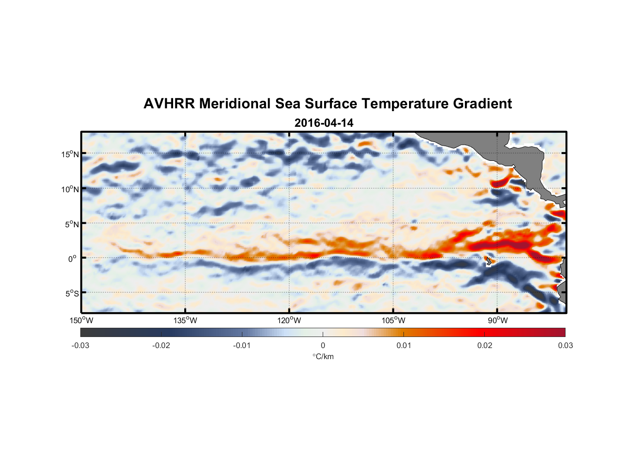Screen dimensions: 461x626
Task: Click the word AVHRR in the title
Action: click(x=169, y=104)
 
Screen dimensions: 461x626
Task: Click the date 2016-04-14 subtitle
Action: click(x=324, y=123)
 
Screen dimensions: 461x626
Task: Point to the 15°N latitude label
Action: click(x=70, y=154)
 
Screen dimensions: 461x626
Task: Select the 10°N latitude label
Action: click(x=70, y=189)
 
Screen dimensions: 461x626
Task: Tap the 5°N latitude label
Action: click(x=72, y=224)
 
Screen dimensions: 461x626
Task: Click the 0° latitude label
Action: click(x=72, y=259)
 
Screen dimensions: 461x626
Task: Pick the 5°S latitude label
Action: click(x=72, y=293)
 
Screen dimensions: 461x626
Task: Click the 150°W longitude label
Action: click(x=81, y=320)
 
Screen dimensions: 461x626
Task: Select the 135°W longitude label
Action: click(x=185, y=320)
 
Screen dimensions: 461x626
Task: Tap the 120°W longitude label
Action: click(x=289, y=320)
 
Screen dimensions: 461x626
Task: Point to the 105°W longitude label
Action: click(x=393, y=320)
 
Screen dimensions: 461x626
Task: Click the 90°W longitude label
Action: click(x=498, y=320)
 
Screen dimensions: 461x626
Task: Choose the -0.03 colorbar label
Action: click(x=80, y=345)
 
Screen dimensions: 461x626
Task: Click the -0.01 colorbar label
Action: click(x=242, y=345)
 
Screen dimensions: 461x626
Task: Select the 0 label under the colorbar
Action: click(x=323, y=345)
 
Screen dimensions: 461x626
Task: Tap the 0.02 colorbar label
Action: click(x=485, y=345)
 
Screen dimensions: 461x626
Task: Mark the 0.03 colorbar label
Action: click(x=565, y=345)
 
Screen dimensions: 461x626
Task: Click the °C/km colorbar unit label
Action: click(x=323, y=356)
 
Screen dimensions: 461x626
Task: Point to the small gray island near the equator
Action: click(x=488, y=261)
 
